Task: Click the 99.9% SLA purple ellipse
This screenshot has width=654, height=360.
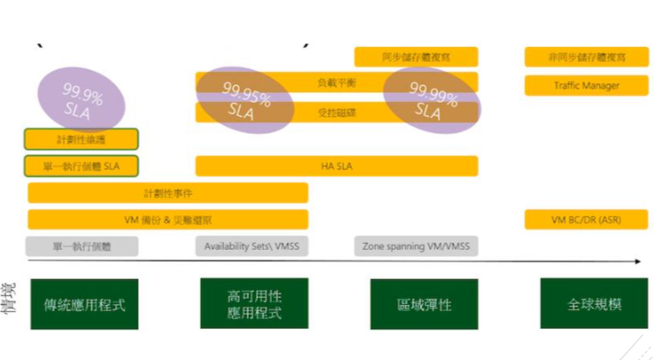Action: [x=82, y=96]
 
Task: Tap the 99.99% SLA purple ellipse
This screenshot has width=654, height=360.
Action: [x=430, y=99]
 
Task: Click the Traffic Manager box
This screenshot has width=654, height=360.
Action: [x=586, y=85]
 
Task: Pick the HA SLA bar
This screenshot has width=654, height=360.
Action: [x=337, y=166]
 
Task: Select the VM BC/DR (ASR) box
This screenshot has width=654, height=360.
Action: [x=586, y=220]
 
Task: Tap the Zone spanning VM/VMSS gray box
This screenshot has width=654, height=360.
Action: [x=417, y=246]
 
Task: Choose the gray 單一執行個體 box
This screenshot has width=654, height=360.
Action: [x=82, y=246]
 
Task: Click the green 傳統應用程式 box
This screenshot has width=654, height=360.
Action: [x=84, y=304]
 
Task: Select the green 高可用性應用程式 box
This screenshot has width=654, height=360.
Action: [x=254, y=304]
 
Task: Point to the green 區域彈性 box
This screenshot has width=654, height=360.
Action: [x=424, y=304]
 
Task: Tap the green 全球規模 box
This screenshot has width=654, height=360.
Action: [x=594, y=304]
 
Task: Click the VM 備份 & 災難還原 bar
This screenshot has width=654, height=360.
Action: [x=168, y=220]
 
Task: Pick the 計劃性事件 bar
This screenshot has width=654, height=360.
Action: [x=168, y=193]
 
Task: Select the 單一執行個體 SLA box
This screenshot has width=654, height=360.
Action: [x=82, y=166]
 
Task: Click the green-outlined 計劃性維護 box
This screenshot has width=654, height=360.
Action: [x=82, y=140]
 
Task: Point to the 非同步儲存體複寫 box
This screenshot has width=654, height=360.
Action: [x=586, y=57]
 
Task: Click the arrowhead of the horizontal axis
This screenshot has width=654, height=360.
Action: [x=637, y=262]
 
